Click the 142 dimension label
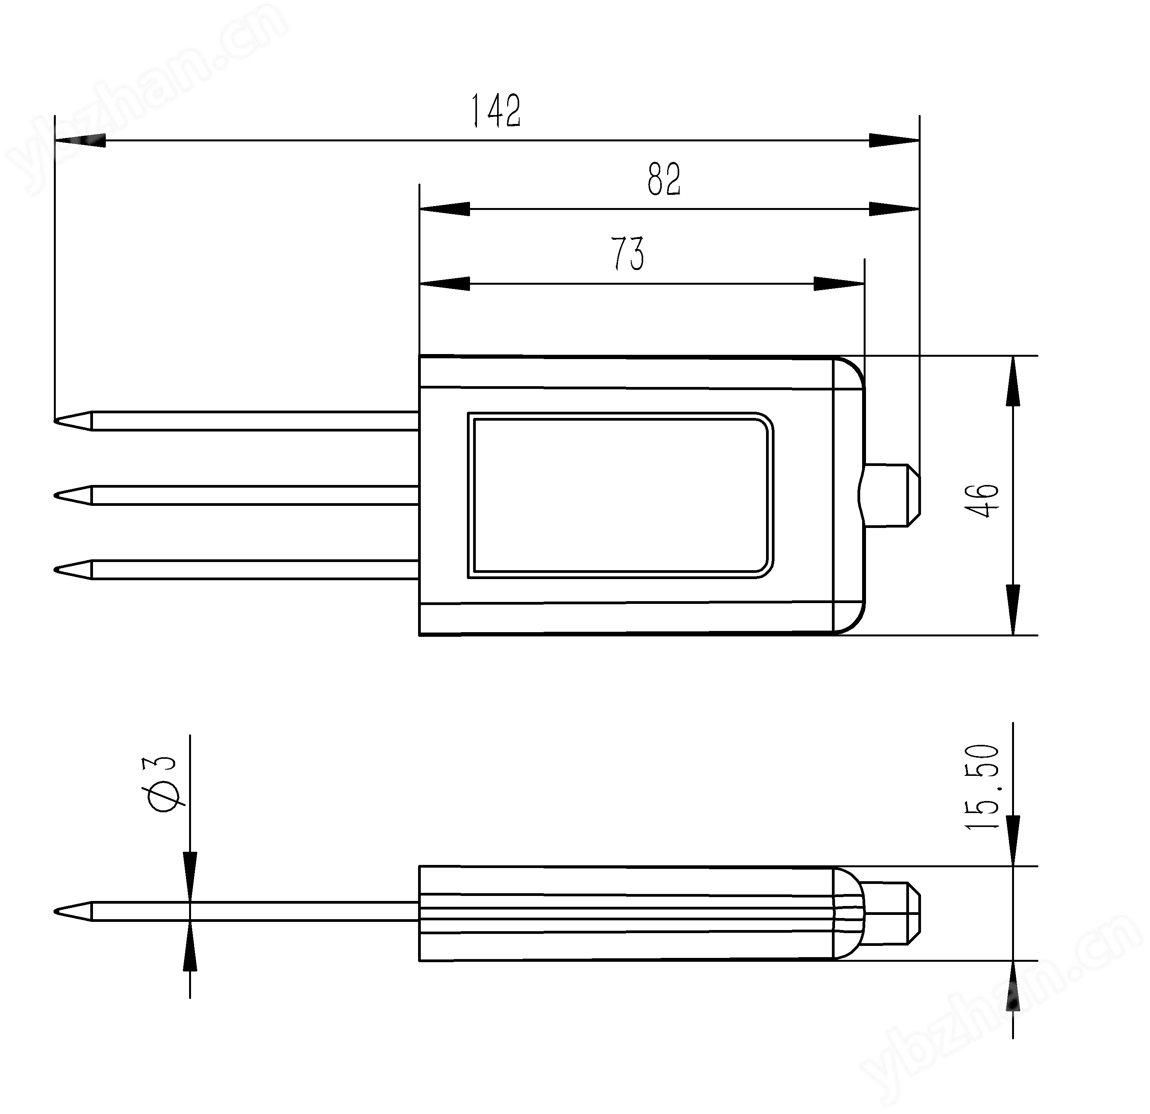pyautogui.click(x=496, y=111)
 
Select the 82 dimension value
pyautogui.click(x=664, y=179)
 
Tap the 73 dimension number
pyautogui.click(x=627, y=253)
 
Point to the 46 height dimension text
pyautogui.click(x=981, y=500)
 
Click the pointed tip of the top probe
pyautogui.click(x=55, y=420)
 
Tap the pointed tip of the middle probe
pyautogui.click(x=55, y=495)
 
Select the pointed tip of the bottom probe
pyautogui.click(x=55, y=570)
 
